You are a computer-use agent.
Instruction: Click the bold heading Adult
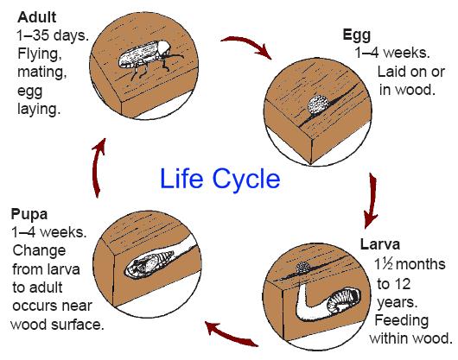(x=37, y=17)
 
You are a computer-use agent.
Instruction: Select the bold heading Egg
(x=357, y=35)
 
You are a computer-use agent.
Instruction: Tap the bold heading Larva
(x=379, y=244)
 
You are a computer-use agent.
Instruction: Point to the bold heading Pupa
(x=29, y=215)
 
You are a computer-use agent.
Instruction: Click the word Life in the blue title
(x=181, y=179)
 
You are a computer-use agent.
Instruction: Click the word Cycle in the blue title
(x=246, y=180)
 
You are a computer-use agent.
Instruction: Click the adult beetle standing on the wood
(x=149, y=59)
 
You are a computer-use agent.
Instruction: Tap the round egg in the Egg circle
(x=319, y=105)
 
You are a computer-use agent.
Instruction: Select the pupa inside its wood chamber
(x=148, y=263)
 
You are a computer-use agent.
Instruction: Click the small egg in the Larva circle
(x=303, y=268)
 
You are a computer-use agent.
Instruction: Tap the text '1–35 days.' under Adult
(x=53, y=35)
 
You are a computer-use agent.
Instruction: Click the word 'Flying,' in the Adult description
(x=40, y=54)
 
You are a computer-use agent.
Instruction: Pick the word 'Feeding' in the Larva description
(x=402, y=321)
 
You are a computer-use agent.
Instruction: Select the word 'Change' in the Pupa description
(x=39, y=251)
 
